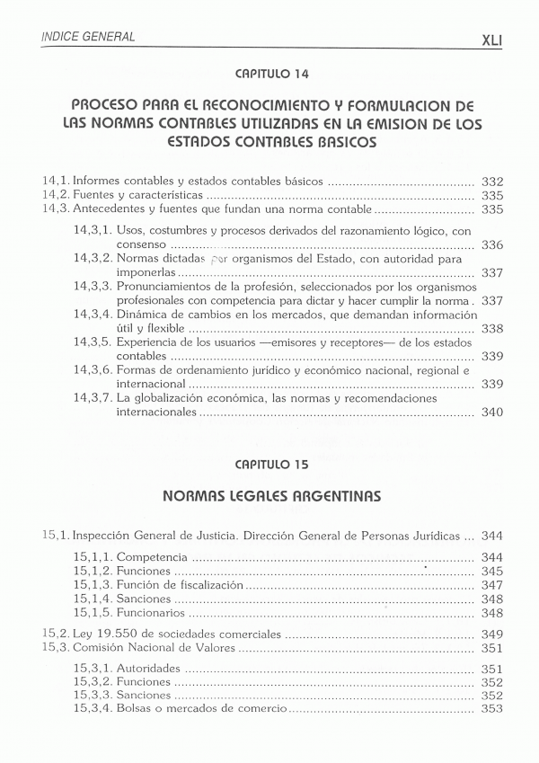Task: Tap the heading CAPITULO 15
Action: [x=270, y=466]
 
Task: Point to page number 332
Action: [x=491, y=181]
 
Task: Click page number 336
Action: [x=491, y=244]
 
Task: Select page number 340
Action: [x=491, y=413]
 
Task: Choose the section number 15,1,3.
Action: [x=93, y=584]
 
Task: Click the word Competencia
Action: [x=152, y=557]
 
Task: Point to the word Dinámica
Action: [x=143, y=315]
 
